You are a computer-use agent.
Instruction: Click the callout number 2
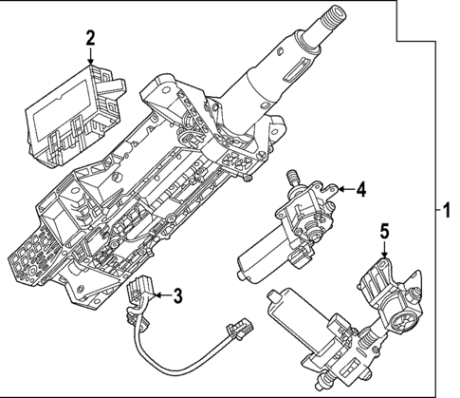pos(90,38)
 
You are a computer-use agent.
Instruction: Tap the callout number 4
pos(360,190)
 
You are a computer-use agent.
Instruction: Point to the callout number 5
pos(383,231)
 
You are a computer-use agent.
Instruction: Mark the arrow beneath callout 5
pos(383,251)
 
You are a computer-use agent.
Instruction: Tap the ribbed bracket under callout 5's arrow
pos(379,279)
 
